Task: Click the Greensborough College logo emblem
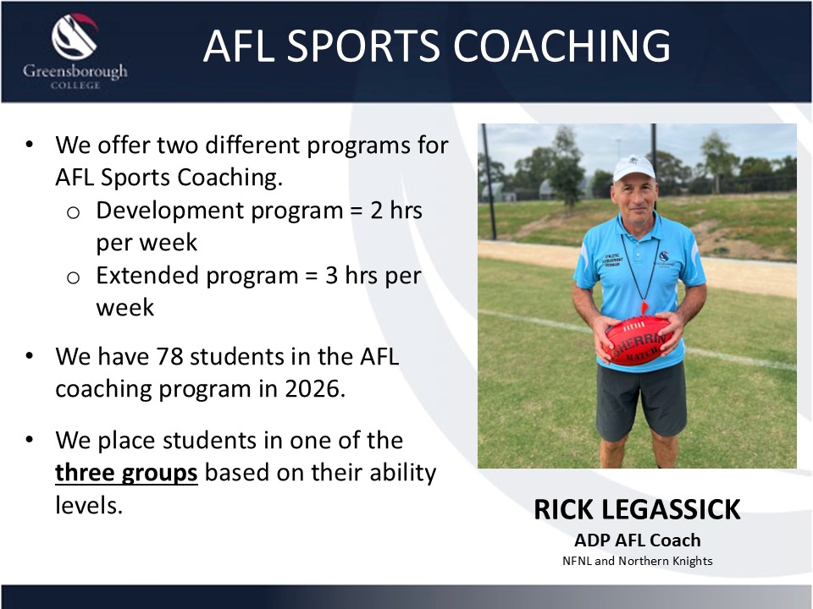point(75,36)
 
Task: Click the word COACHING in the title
point(562,46)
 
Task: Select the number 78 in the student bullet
point(169,356)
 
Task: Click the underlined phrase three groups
point(126,473)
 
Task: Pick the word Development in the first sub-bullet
point(167,211)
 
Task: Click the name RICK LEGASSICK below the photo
point(637,509)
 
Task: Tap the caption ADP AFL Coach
point(637,540)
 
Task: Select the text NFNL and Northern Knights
point(637,561)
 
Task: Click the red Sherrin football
point(639,340)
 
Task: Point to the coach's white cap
point(633,167)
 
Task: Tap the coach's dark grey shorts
point(641,399)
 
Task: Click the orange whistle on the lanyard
point(644,308)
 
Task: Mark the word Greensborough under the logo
point(75,71)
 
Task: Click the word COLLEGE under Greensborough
point(75,85)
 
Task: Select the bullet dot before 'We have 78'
point(29,356)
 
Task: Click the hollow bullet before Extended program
point(73,277)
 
